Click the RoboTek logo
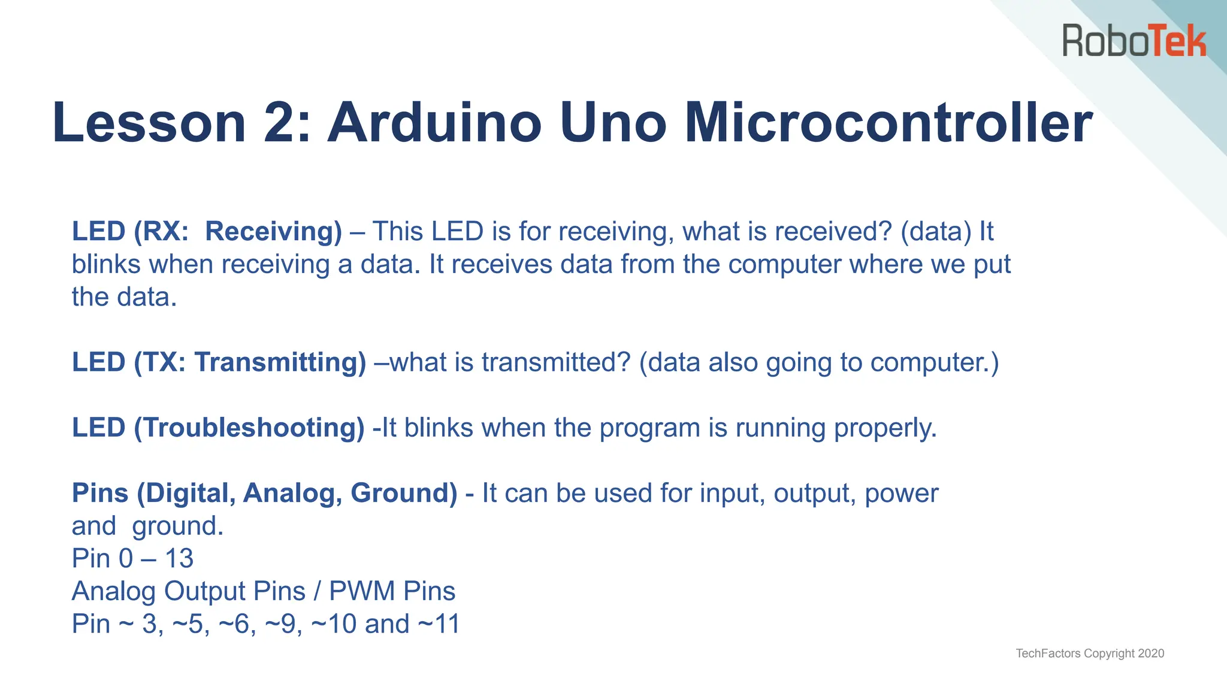coord(1134,41)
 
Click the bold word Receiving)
coord(273,232)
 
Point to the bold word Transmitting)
coord(280,362)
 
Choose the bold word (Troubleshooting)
coord(249,428)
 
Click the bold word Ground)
coord(404,493)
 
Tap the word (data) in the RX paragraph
coord(936,232)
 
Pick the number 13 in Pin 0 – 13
coord(179,559)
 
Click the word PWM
coord(362,591)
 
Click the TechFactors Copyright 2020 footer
coord(1090,653)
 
